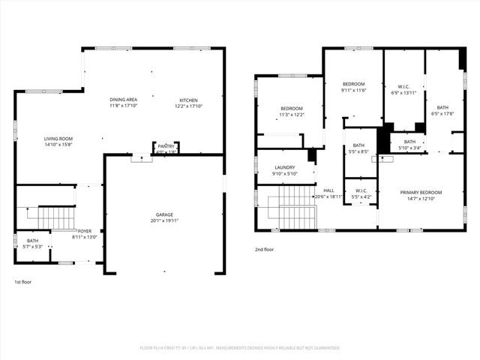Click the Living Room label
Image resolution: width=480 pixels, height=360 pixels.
click(x=58, y=139)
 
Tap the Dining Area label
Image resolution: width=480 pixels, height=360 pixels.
click(x=123, y=100)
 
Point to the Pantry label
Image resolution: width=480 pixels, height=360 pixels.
click(x=166, y=146)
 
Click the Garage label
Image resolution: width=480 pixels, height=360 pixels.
click(x=164, y=215)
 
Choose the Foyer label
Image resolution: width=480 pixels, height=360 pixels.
click(x=85, y=231)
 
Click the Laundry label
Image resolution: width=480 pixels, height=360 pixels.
click(x=284, y=168)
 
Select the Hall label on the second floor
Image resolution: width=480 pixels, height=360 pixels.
click(x=328, y=190)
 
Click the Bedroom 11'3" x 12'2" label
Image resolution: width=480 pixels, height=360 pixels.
click(x=291, y=109)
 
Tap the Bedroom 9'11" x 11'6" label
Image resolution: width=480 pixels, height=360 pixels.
click(x=353, y=84)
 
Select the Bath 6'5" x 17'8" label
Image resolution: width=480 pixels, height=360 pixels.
click(x=442, y=108)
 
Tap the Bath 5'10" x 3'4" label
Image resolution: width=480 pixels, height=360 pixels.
click(x=409, y=142)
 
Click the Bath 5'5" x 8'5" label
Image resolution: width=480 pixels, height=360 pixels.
click(x=359, y=145)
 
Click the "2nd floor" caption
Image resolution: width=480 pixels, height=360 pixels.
click(x=265, y=249)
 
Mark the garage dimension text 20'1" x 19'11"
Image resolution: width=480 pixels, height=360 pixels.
click(x=164, y=221)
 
